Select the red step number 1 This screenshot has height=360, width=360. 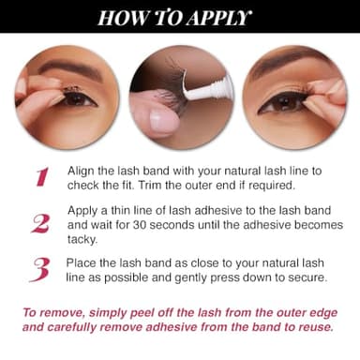[41, 177]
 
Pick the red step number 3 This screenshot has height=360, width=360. [40, 269]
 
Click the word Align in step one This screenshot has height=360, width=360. [82, 172]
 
